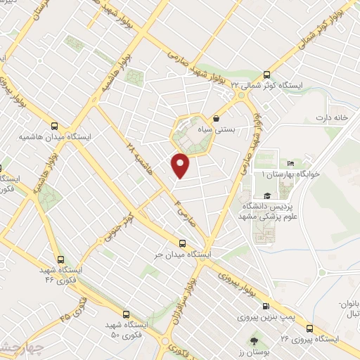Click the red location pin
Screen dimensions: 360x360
(181, 165)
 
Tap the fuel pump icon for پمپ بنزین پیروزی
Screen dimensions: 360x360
(266, 306)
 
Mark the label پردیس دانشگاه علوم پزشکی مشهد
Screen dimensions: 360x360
(266, 214)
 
